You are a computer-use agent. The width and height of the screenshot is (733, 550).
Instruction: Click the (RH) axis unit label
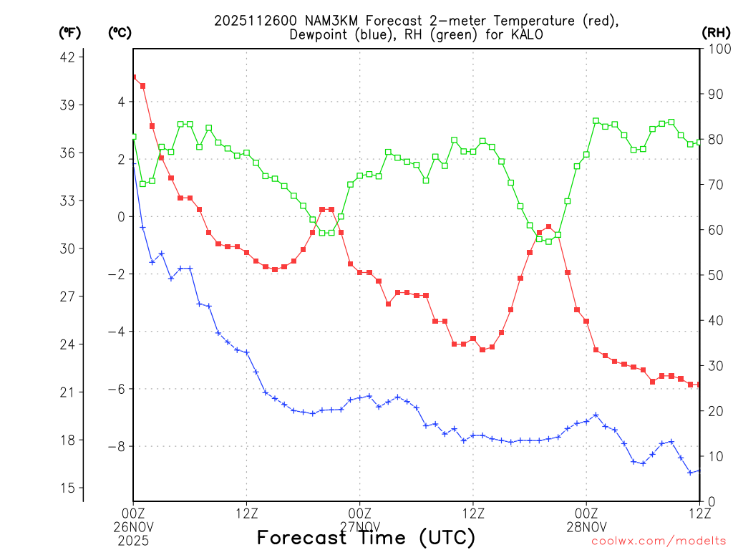[x=716, y=32]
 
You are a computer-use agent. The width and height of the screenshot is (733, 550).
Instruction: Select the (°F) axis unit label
[x=69, y=32]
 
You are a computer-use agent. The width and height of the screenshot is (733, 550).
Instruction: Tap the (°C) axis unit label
[x=120, y=32]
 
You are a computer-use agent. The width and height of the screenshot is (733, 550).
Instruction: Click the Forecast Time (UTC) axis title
[x=366, y=537]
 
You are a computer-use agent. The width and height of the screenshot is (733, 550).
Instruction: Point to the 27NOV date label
[x=360, y=525]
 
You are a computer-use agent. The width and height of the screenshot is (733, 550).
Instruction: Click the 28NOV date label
[x=587, y=525]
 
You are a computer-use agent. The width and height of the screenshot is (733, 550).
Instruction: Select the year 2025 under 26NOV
[x=133, y=538]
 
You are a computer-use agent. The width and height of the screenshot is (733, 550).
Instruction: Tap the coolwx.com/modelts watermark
[x=659, y=541]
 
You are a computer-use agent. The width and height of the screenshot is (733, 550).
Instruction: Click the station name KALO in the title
[x=527, y=35]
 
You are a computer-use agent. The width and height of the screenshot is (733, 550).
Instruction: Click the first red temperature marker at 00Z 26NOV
[x=133, y=77]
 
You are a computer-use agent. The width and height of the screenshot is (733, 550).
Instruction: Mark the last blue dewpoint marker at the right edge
[x=699, y=471]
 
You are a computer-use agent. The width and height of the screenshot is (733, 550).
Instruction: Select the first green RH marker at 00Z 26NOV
[x=133, y=137]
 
